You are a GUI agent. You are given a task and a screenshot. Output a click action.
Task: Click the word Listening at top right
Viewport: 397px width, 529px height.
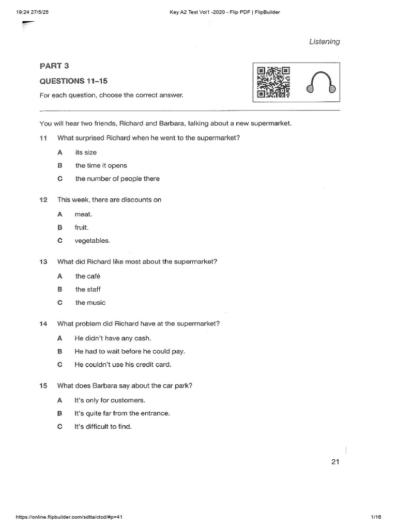coord(325,42)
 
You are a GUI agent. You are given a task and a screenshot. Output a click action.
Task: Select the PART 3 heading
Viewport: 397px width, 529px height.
coord(54,66)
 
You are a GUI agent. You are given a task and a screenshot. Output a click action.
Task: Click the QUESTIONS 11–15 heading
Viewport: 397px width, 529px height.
coord(74,81)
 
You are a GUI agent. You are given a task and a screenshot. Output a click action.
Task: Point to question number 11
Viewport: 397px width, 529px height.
coord(43,138)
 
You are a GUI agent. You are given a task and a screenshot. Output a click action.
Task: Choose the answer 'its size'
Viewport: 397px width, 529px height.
coord(86,152)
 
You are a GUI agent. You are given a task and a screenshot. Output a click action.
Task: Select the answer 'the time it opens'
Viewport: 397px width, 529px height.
coord(101,165)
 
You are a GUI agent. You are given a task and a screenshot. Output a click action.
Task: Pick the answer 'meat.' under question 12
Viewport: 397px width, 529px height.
coord(83,214)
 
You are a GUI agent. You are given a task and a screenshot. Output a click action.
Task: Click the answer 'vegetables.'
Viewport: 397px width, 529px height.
coord(93,240)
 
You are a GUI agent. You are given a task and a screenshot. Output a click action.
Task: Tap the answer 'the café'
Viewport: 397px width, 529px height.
coord(87,276)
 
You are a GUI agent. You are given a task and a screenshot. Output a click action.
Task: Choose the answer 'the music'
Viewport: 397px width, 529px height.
coord(90,303)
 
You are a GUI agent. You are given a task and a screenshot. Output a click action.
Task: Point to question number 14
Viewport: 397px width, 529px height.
coord(43,324)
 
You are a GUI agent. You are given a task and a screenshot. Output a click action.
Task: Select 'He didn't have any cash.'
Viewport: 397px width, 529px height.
coord(113,338)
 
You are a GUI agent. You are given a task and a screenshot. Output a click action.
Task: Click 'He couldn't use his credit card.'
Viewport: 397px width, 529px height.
coord(123,364)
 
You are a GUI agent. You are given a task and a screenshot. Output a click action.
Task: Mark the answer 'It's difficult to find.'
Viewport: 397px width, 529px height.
coord(103,427)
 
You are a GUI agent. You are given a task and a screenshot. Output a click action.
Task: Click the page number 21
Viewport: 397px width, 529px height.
coord(335,462)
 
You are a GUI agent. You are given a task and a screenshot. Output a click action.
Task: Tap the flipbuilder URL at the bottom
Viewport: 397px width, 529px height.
coord(63,517)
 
